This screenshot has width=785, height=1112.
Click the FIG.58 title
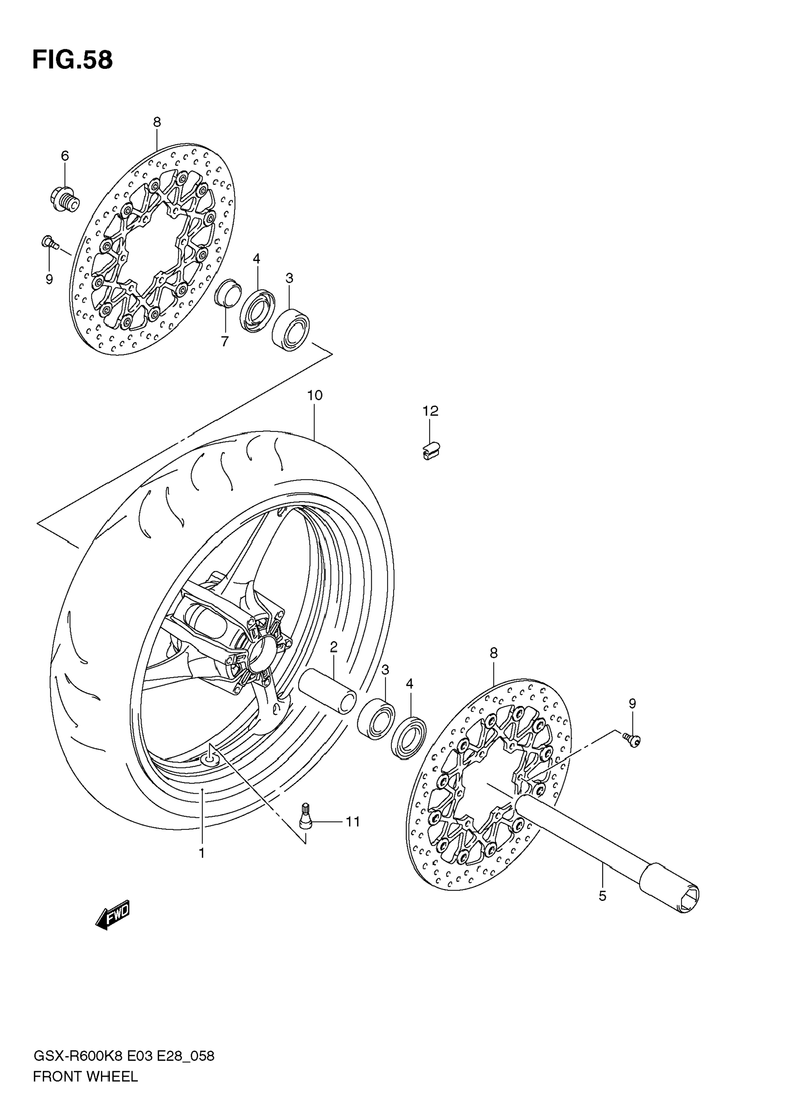coord(73,61)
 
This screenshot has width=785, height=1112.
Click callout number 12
coord(430,411)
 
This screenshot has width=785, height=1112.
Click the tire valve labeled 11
coord(306,819)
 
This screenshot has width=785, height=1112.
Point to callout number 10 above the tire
coord(315,396)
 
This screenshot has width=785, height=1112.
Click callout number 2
coord(334,647)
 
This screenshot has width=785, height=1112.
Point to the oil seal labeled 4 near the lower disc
coord(409,740)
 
